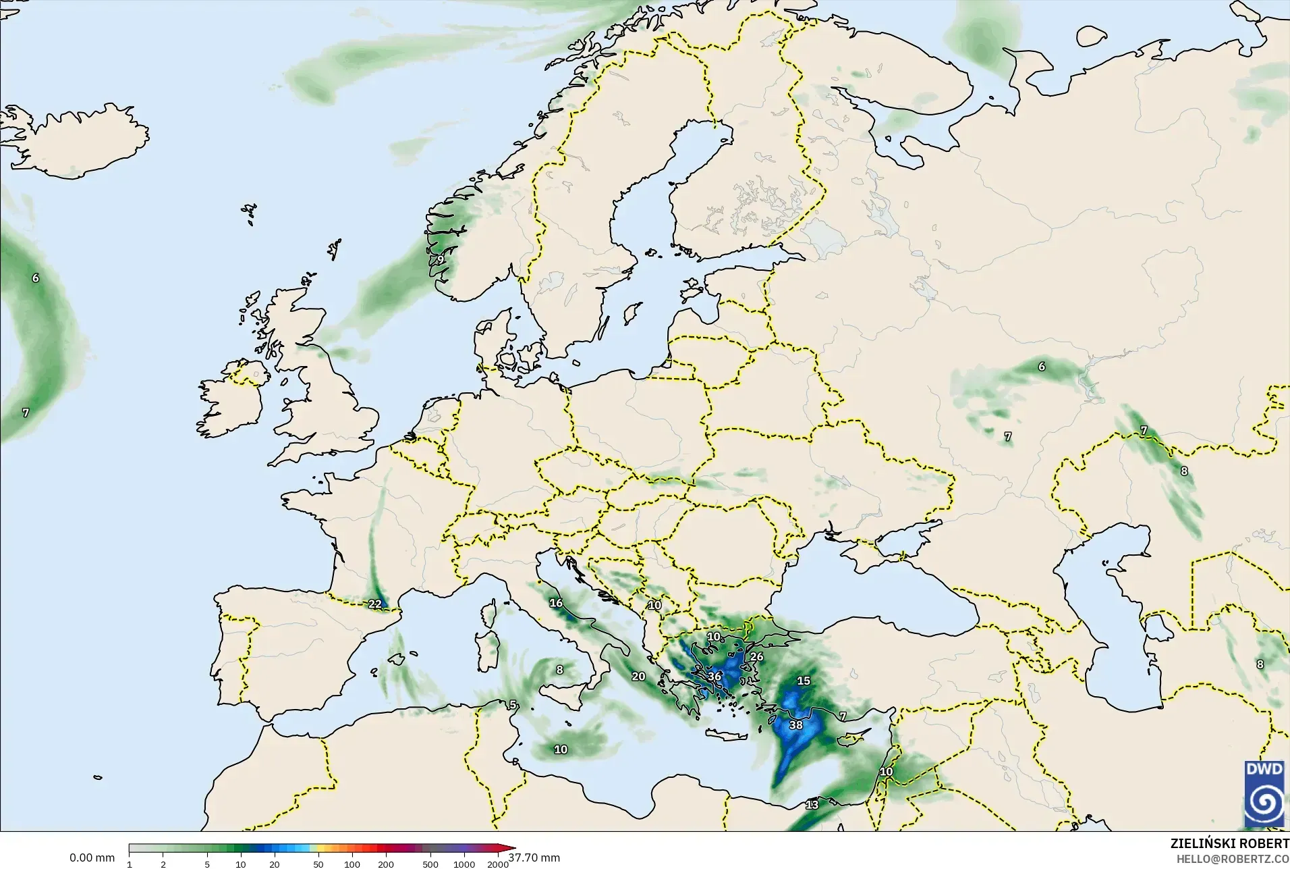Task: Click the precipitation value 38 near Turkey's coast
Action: point(796,725)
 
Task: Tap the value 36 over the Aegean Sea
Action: point(714,676)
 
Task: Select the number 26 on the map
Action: point(757,656)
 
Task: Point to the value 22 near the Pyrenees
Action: point(375,604)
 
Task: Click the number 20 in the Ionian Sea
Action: point(638,676)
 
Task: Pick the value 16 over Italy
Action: point(556,603)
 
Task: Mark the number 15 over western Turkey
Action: point(804,681)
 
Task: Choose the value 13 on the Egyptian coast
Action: point(812,805)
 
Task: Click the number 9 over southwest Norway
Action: point(441,259)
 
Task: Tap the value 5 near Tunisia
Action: point(513,705)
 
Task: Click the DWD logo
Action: point(1264,793)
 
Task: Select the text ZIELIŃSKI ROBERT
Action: point(1229,844)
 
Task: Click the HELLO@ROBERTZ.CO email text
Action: point(1233,859)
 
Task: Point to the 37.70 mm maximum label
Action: point(534,858)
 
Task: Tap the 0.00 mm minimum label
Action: point(92,858)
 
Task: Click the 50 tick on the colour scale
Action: point(318,864)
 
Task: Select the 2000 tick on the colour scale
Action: point(498,864)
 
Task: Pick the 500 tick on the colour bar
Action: point(430,864)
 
